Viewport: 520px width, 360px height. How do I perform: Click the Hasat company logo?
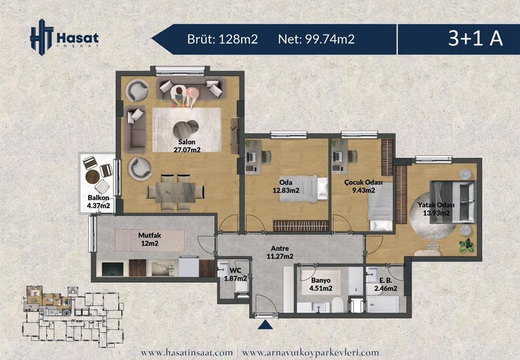pos(64,37)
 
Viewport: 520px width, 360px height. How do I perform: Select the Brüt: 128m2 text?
pos(223,39)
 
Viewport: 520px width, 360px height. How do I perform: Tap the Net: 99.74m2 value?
pos(316,39)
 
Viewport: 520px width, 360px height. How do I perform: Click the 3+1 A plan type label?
pos(475,38)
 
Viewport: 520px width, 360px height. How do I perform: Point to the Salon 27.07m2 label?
pos(187,146)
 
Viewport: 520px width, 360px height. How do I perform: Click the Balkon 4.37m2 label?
pos(98,202)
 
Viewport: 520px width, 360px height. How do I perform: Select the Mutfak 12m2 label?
pos(150,240)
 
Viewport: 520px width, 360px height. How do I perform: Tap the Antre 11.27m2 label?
pos(280,252)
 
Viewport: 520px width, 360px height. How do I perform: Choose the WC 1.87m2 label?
pos(235,274)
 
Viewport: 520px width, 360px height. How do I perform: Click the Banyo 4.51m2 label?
pos(321,284)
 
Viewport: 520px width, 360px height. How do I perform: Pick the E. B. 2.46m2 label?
pos(386,284)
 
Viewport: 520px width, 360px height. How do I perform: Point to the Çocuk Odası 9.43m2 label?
pos(364,186)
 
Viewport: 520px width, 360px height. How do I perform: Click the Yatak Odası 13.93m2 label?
pos(436,209)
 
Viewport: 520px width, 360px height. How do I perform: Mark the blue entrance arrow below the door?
pos(265,325)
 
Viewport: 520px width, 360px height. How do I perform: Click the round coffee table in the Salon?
pos(185,129)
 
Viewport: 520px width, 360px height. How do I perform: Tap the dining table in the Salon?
pos(175,193)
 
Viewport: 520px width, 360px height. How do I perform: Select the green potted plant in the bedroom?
pos(467,246)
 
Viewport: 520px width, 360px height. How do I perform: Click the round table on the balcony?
pos(93,177)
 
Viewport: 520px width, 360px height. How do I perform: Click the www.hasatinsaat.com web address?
pos(187,353)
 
